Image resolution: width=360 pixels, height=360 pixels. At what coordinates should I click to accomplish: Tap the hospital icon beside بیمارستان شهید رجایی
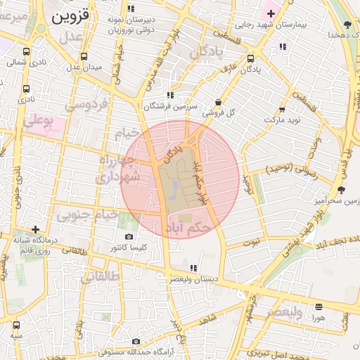pyautogui.click(x=271, y=13)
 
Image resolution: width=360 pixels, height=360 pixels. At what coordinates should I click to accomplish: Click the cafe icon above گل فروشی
pyautogui.click(x=218, y=101)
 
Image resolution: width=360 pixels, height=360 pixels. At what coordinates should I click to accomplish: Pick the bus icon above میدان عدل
pyautogui.click(x=84, y=56)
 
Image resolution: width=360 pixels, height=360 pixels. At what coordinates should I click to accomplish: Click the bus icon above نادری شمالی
pyautogui.click(x=27, y=51)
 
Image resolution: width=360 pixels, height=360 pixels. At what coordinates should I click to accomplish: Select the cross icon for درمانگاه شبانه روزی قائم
pyautogui.click(x=36, y=229)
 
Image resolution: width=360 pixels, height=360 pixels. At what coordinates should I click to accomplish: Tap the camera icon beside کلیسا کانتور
pyautogui.click(x=128, y=237)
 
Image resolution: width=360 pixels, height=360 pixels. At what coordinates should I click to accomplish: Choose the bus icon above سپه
pyautogui.click(x=16, y=325)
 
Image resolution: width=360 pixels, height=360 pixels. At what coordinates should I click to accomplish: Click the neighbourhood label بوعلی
pyautogui.click(x=38, y=122)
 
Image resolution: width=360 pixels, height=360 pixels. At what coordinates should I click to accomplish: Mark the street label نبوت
pyautogui.click(x=251, y=241)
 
